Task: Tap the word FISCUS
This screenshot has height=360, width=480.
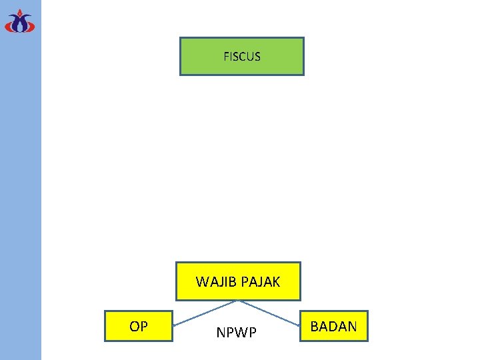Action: click(242, 57)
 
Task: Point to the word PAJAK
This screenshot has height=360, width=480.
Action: click(260, 282)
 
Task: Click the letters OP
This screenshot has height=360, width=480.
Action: click(139, 327)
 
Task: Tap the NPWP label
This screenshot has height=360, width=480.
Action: click(236, 333)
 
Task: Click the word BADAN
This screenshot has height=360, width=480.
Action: click(333, 327)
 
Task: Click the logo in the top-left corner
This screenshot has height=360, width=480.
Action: click(20, 21)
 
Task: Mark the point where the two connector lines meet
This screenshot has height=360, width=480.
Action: click(238, 301)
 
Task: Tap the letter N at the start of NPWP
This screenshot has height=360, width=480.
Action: click(221, 333)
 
